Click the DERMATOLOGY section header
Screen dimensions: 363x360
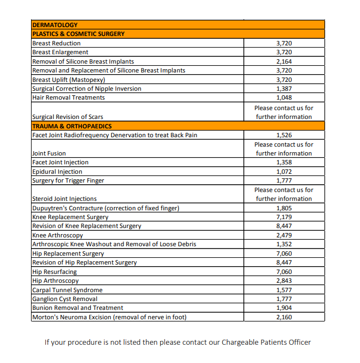click(55, 25)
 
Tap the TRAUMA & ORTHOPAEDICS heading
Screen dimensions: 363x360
click(72, 126)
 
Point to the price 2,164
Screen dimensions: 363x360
click(284, 61)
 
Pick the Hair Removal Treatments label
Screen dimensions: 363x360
click(69, 98)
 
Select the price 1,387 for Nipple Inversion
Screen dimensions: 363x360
click(284, 89)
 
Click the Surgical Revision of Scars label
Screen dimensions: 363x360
click(68, 117)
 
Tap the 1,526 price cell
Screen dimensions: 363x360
click(284, 135)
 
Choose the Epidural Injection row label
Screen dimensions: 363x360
click(57, 172)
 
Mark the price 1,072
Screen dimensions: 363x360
click(284, 172)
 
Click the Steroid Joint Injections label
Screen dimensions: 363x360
click(64, 199)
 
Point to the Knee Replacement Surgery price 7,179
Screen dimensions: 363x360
click(284, 217)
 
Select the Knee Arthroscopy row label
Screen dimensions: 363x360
click(58, 235)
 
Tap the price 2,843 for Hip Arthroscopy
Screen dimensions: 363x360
click(284, 281)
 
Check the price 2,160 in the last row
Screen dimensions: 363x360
click(284, 317)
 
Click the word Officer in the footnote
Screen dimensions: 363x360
click(299, 342)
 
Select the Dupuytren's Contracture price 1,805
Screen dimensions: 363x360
click(284, 208)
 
